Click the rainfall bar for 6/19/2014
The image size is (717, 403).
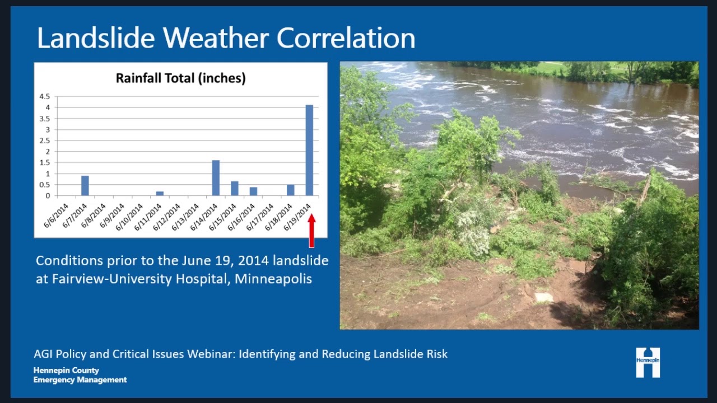click(309, 150)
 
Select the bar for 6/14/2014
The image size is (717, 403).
click(216, 178)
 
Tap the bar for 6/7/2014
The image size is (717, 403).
click(85, 186)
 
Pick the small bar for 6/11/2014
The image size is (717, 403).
click(160, 193)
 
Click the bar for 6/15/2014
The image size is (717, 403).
click(235, 189)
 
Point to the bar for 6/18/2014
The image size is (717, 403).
click(291, 190)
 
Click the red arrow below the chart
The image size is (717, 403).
click(311, 231)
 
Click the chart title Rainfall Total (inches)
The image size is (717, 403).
click(180, 78)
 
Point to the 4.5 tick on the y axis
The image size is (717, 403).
click(45, 96)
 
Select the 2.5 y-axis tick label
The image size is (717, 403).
click(45, 140)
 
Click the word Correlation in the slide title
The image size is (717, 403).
click(346, 38)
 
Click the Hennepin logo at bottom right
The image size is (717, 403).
click(648, 362)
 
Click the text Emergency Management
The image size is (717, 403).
click(80, 380)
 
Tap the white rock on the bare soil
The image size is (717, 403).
click(543, 297)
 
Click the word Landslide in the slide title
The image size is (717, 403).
click(95, 38)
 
